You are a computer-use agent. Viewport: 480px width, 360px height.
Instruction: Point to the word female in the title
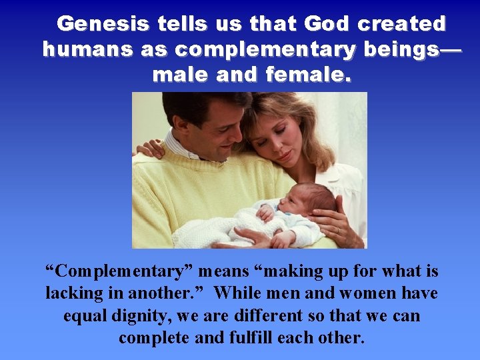306,75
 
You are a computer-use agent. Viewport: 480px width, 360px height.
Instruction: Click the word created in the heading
402,24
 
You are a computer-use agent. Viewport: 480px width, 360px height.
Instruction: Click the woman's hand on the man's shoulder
147,147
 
